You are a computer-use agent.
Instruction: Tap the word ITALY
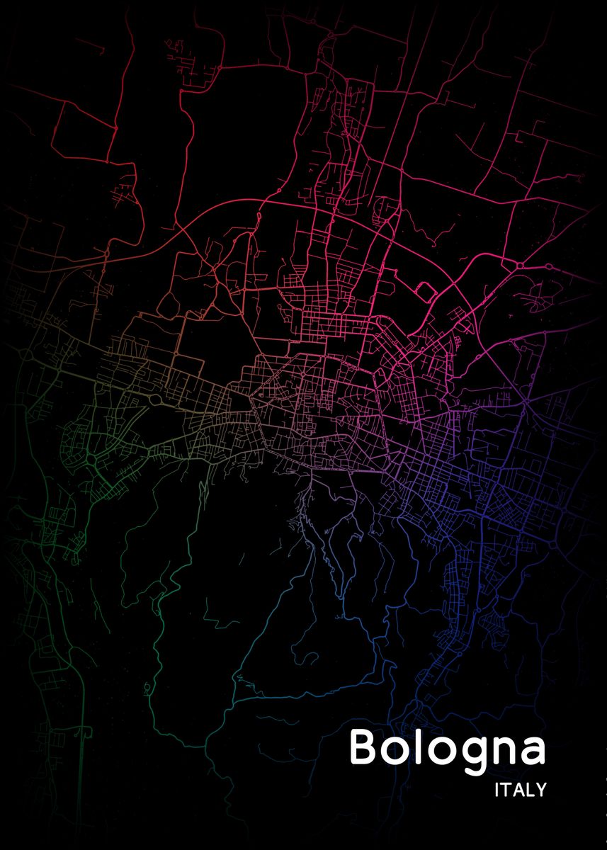[x=521, y=790]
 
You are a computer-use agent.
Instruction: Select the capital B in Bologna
[x=362, y=748]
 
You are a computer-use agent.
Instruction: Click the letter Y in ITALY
[x=541, y=790]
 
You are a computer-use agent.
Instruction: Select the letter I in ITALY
[x=497, y=790]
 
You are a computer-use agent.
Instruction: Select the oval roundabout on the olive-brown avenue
[x=154, y=399]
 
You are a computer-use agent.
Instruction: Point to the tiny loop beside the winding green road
[x=147, y=687]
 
